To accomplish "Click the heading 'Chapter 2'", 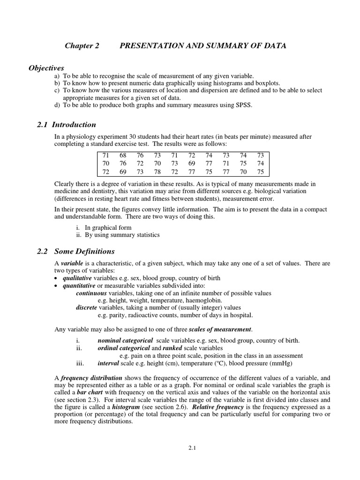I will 79,45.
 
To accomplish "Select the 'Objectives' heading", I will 46,68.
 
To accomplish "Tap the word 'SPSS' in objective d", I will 243,105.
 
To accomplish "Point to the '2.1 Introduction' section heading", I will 66,125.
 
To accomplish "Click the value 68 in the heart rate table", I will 123,155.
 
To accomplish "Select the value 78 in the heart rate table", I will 157,172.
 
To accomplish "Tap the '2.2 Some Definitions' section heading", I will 75,251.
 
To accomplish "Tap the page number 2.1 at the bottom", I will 192,448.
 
